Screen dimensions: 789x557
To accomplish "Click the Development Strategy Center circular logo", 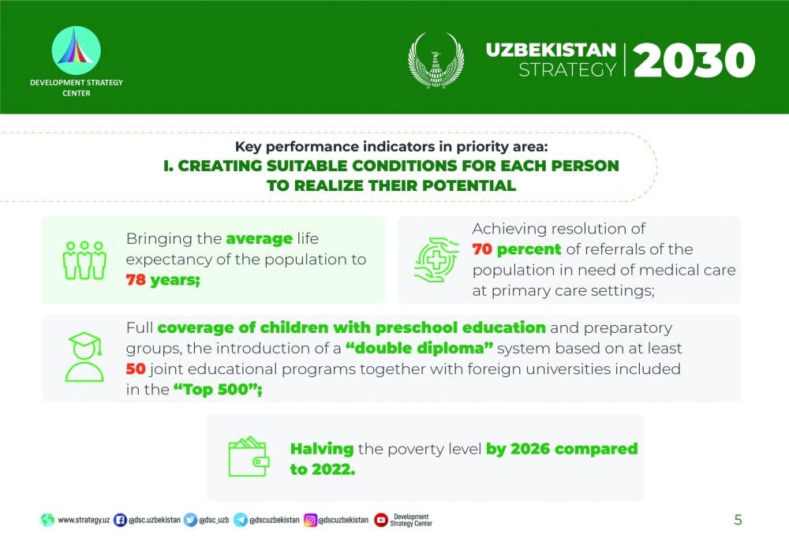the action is pyautogui.click(x=76, y=50).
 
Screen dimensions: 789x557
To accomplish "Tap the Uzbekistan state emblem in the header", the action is pyautogui.click(x=436, y=61).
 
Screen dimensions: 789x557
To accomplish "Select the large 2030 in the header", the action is pyautogui.click(x=694, y=61).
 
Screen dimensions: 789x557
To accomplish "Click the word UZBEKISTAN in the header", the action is pyautogui.click(x=551, y=50).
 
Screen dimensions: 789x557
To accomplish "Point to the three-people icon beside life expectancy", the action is pyautogui.click(x=84, y=260).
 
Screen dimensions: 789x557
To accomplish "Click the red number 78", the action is pyautogui.click(x=136, y=279).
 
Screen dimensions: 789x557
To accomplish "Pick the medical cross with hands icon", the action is pyautogui.click(x=436, y=260).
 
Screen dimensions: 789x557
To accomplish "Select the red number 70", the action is pyautogui.click(x=482, y=249).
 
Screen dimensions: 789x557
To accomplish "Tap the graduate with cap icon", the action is pyautogui.click(x=84, y=357).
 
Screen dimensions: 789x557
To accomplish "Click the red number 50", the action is pyautogui.click(x=136, y=368).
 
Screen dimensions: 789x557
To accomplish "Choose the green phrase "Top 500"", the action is pyautogui.click(x=218, y=390).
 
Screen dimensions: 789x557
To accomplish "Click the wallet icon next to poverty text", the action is pyautogui.click(x=249, y=457).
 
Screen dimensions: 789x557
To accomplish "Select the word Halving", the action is pyautogui.click(x=322, y=449).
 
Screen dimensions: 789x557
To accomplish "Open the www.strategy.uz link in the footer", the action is pyautogui.click(x=84, y=520).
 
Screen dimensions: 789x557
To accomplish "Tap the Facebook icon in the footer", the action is pyautogui.click(x=120, y=520).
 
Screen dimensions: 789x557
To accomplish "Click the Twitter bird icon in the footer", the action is pyautogui.click(x=190, y=520).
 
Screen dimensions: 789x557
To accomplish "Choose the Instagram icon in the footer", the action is pyautogui.click(x=310, y=520).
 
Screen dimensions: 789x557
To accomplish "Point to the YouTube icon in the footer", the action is pyautogui.click(x=381, y=520).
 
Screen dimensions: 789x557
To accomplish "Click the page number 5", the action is pyautogui.click(x=739, y=520).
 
